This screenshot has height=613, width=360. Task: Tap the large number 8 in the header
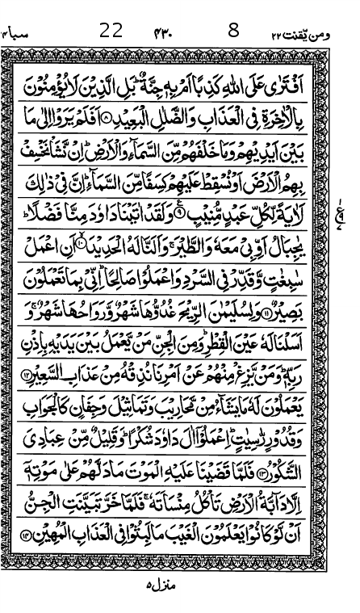[x=234, y=31]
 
